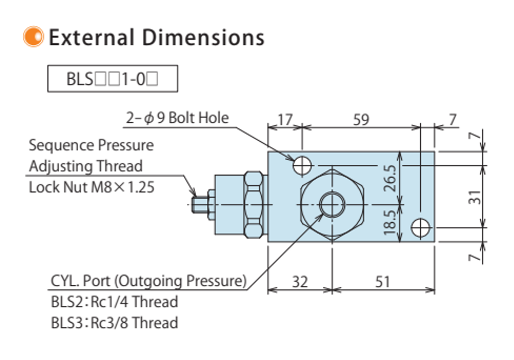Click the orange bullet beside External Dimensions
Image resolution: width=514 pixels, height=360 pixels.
point(33,37)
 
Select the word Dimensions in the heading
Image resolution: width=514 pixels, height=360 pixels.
point(203,38)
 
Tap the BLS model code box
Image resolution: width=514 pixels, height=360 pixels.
point(112,79)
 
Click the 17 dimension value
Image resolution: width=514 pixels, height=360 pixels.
point(285,119)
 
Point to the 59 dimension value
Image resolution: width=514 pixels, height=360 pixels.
point(361,119)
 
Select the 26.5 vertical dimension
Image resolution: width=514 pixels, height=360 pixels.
point(390,178)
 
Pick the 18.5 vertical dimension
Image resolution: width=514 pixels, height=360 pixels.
point(390,222)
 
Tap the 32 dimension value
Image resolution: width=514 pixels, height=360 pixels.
point(300,281)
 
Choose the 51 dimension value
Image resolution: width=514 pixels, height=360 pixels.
point(382,281)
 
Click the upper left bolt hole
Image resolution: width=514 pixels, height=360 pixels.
point(302,165)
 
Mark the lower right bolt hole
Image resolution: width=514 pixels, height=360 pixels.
point(421,228)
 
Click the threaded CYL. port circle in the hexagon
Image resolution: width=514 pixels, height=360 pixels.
point(332,204)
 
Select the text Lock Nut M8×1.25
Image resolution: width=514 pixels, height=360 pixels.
point(92,187)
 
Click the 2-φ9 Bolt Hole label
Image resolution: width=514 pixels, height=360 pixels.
point(177,118)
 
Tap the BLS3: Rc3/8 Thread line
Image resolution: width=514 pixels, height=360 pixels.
point(114,323)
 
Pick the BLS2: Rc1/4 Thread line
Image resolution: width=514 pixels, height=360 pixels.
point(114,302)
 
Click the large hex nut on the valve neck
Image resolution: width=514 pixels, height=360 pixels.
point(253,204)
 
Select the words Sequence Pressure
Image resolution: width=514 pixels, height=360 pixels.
point(91,145)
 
